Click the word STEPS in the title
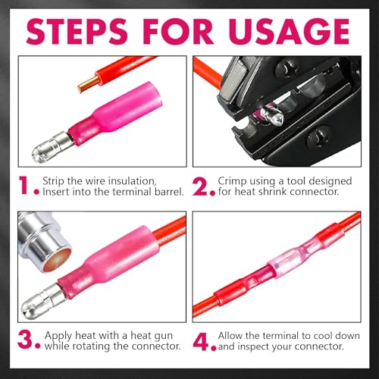coord(77,31)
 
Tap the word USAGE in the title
coord(290,31)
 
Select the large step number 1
coord(24,186)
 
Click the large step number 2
coord(200,186)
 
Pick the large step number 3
coord(25,340)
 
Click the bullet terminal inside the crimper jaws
coord(271,116)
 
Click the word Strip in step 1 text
coord(54,181)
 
